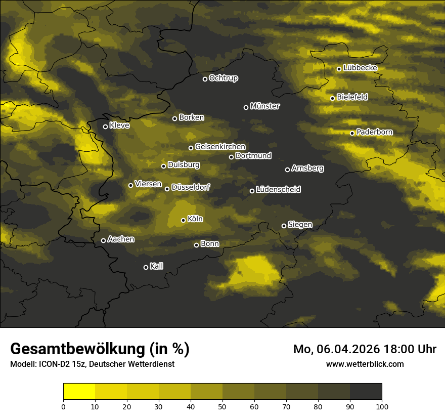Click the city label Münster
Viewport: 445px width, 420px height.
click(264, 106)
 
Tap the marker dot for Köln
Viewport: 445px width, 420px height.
click(183, 220)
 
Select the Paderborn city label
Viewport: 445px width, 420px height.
click(374, 132)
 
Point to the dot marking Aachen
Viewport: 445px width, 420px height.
click(103, 240)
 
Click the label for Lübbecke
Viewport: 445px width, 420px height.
click(360, 68)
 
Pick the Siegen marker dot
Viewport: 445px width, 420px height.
click(284, 226)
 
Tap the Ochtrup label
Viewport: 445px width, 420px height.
click(223, 78)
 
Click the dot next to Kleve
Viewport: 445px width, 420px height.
click(105, 127)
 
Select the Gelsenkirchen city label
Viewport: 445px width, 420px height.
click(220, 147)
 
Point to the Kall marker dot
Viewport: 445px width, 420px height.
click(146, 267)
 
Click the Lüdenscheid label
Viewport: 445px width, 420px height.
click(278, 190)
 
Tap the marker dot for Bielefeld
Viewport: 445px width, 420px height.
click(332, 98)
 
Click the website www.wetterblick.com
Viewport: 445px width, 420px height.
click(365, 364)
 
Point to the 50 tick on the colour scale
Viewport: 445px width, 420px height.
click(223, 406)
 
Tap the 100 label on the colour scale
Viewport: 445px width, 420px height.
click(382, 406)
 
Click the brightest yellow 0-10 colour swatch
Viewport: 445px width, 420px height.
click(79, 392)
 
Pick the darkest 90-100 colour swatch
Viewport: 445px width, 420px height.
click(366, 392)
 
